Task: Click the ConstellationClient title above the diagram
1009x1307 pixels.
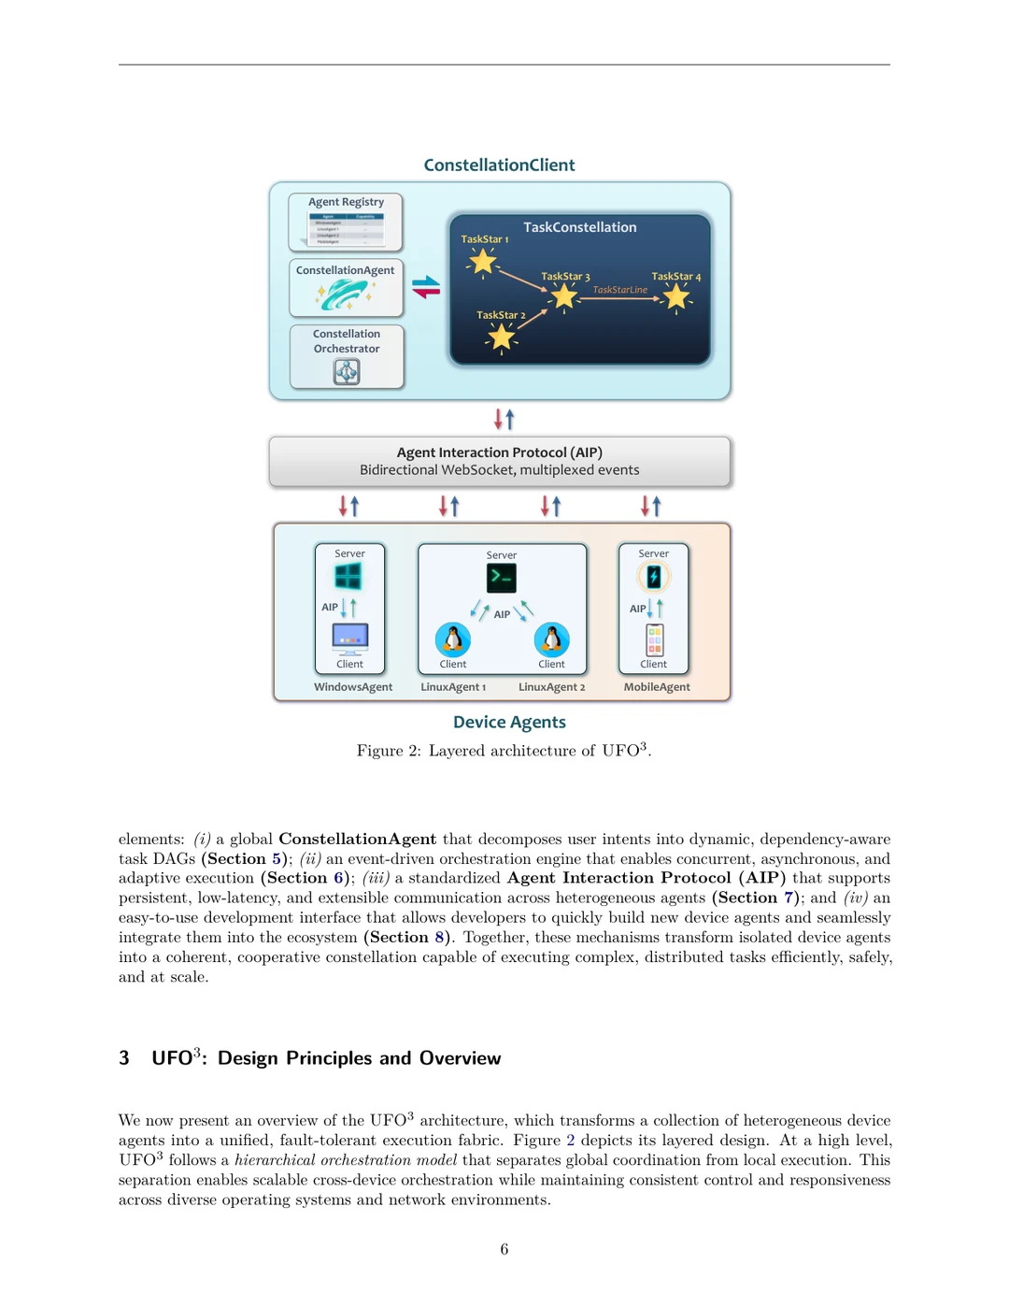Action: click(499, 165)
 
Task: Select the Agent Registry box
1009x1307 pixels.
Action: click(346, 223)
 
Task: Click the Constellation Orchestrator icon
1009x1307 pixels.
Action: click(347, 372)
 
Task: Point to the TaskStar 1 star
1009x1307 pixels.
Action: click(483, 262)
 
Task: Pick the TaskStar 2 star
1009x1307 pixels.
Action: click(502, 338)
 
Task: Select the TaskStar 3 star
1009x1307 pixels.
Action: click(564, 297)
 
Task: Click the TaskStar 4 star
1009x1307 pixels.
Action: click(676, 297)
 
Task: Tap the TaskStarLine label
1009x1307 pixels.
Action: click(619, 290)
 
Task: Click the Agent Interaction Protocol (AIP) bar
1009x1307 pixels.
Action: click(500, 461)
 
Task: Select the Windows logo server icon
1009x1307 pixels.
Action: click(348, 576)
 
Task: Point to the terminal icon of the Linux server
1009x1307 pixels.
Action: click(502, 578)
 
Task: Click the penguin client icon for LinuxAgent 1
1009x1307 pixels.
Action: click(453, 639)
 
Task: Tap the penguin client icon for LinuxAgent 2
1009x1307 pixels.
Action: click(552, 639)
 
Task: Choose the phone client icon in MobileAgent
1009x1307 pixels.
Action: click(654, 640)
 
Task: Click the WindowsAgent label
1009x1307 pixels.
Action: click(353, 687)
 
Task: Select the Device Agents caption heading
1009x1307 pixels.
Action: click(509, 723)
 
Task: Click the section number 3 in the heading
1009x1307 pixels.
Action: click(124, 1058)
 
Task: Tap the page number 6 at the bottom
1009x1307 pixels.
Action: click(504, 1249)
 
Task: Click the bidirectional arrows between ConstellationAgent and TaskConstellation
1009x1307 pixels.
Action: click(426, 286)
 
